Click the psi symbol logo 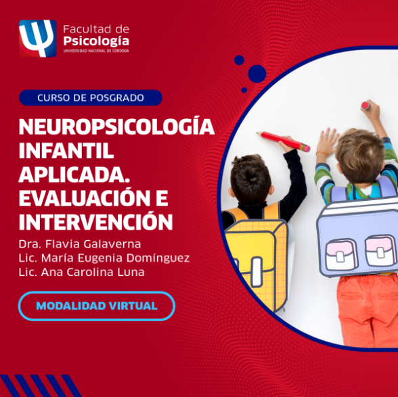tap(38, 39)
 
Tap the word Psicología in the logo tap(96, 41)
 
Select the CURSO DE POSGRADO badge tap(91, 97)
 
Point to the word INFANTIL tap(66, 151)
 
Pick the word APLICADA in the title tap(72, 174)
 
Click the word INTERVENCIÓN tap(95, 221)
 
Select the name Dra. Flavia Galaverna tap(80, 244)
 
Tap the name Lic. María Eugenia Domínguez tap(104, 258)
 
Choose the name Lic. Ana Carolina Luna tap(81, 272)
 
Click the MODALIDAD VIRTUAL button tap(97, 306)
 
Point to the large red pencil tap(283, 141)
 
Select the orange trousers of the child tap(368, 310)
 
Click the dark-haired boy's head tap(250, 179)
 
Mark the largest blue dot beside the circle tap(257, 74)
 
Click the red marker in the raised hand tap(366, 106)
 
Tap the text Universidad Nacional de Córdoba tap(96, 51)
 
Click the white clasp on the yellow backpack tap(257, 272)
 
